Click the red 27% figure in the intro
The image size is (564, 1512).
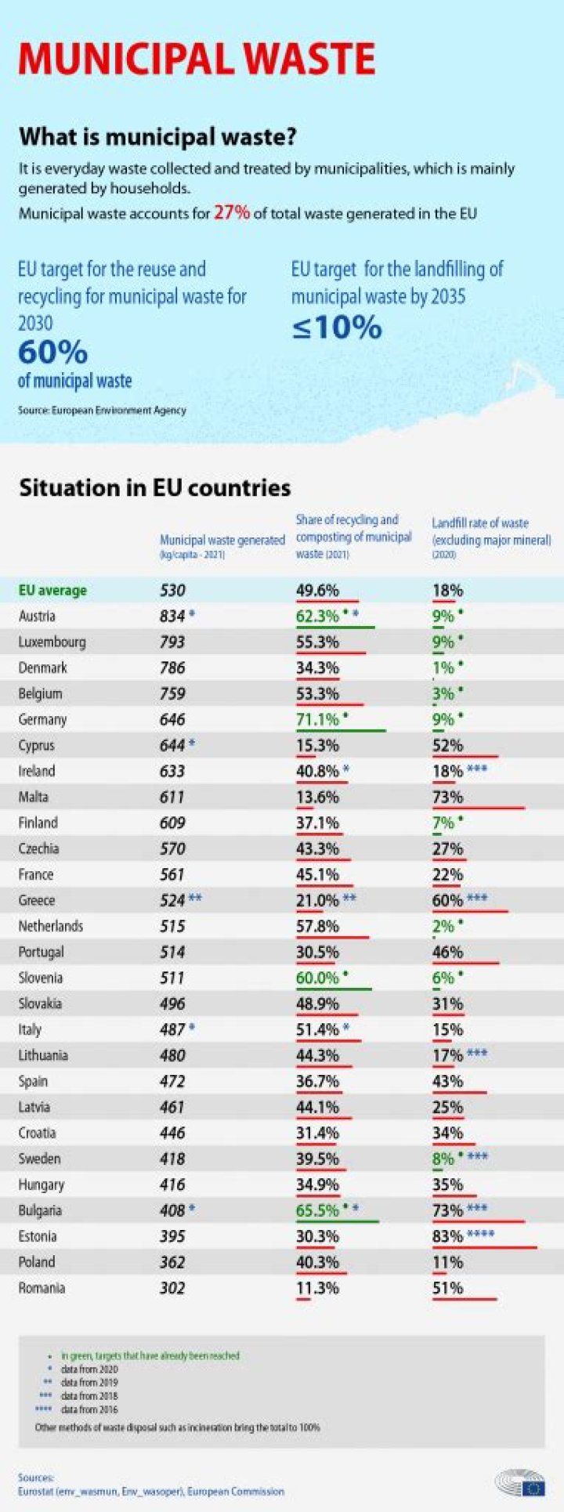pos(231,212)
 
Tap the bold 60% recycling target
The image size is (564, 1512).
pos(52,353)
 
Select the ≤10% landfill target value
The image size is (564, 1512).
pos(337,327)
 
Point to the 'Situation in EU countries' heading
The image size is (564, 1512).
pos(154,487)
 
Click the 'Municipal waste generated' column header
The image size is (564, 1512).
pos(222,541)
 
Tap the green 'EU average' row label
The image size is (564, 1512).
pos(52,591)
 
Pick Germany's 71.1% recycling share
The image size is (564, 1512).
pos(317,719)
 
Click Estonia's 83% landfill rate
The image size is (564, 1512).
pos(447,1236)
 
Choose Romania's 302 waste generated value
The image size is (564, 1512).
pos(172,1288)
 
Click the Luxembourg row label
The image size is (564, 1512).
pos(52,642)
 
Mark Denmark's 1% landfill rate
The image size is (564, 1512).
pos(443,668)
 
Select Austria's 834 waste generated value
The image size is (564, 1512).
pos(172,617)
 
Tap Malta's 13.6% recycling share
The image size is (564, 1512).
pos(317,797)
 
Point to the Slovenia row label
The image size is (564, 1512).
pos(41,978)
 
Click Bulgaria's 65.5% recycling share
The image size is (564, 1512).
pos(317,1210)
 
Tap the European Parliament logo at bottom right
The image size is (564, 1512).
pos(520,1482)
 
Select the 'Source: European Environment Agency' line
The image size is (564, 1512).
pos(102,410)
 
